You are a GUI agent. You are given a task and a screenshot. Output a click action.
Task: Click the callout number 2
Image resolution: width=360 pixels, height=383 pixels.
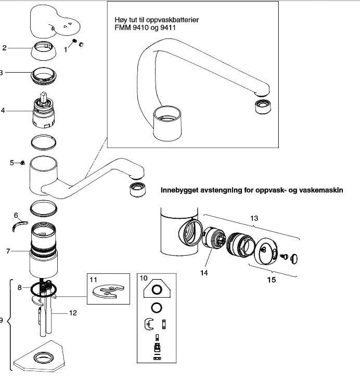4,48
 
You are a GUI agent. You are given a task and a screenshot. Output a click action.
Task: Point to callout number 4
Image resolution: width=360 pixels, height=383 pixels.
3,111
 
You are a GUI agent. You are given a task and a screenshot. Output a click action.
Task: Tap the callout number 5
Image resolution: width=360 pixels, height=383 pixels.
12,163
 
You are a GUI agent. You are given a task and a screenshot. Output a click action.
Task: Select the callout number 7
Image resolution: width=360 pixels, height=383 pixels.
8,252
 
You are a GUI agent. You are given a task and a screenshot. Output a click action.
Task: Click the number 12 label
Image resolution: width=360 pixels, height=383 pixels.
73,313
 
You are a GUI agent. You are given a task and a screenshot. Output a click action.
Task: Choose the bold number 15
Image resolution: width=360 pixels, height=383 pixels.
271,280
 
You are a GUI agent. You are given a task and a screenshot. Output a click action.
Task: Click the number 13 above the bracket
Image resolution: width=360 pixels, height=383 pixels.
254,219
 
